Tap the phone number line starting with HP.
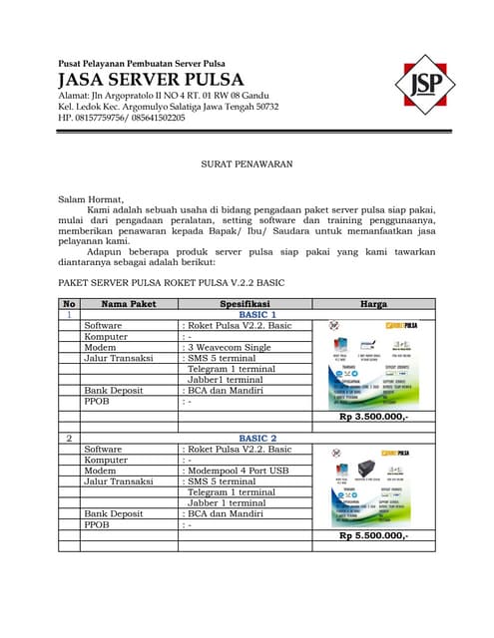(122, 119)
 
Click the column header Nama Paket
(129, 303)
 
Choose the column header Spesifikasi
(246, 303)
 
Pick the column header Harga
(372, 303)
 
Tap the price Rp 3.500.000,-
(373, 416)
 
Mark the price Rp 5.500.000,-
(373, 535)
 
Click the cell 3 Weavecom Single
(229, 347)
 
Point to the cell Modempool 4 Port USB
(238, 471)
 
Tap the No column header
(69, 303)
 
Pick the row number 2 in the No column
(69, 439)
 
